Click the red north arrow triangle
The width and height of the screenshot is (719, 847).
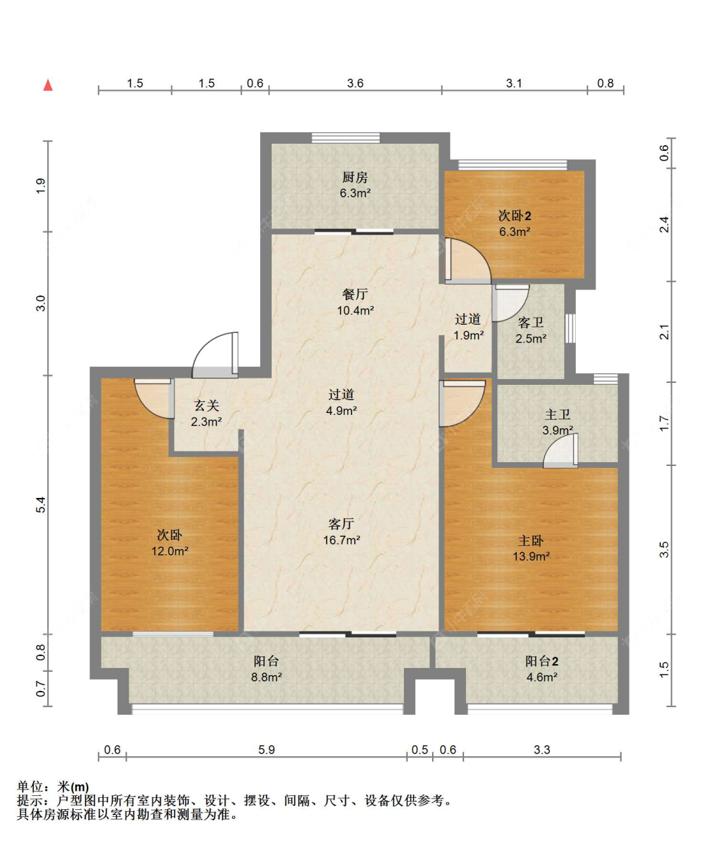click(x=48, y=85)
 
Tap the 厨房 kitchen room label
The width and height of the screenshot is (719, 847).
click(x=355, y=178)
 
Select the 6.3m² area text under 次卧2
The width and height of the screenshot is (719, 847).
click(x=514, y=231)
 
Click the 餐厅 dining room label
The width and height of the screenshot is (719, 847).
click(x=355, y=294)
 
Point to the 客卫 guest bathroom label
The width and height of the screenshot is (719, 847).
click(x=530, y=322)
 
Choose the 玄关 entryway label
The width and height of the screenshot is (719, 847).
click(x=206, y=405)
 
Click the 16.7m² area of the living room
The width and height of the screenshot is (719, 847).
click(x=342, y=540)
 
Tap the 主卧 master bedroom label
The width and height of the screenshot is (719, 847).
click(x=530, y=541)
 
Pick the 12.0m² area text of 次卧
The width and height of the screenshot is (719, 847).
click(x=169, y=551)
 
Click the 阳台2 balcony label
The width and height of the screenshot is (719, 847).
click(x=541, y=661)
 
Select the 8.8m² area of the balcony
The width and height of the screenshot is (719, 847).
click(x=267, y=677)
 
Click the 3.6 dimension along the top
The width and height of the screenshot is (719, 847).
click(x=355, y=83)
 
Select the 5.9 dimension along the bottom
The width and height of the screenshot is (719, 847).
click(x=267, y=749)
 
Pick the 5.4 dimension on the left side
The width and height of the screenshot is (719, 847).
click(x=41, y=504)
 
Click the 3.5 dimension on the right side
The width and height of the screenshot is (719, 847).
click(x=664, y=550)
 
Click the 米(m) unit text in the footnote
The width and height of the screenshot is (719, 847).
click(x=73, y=786)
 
